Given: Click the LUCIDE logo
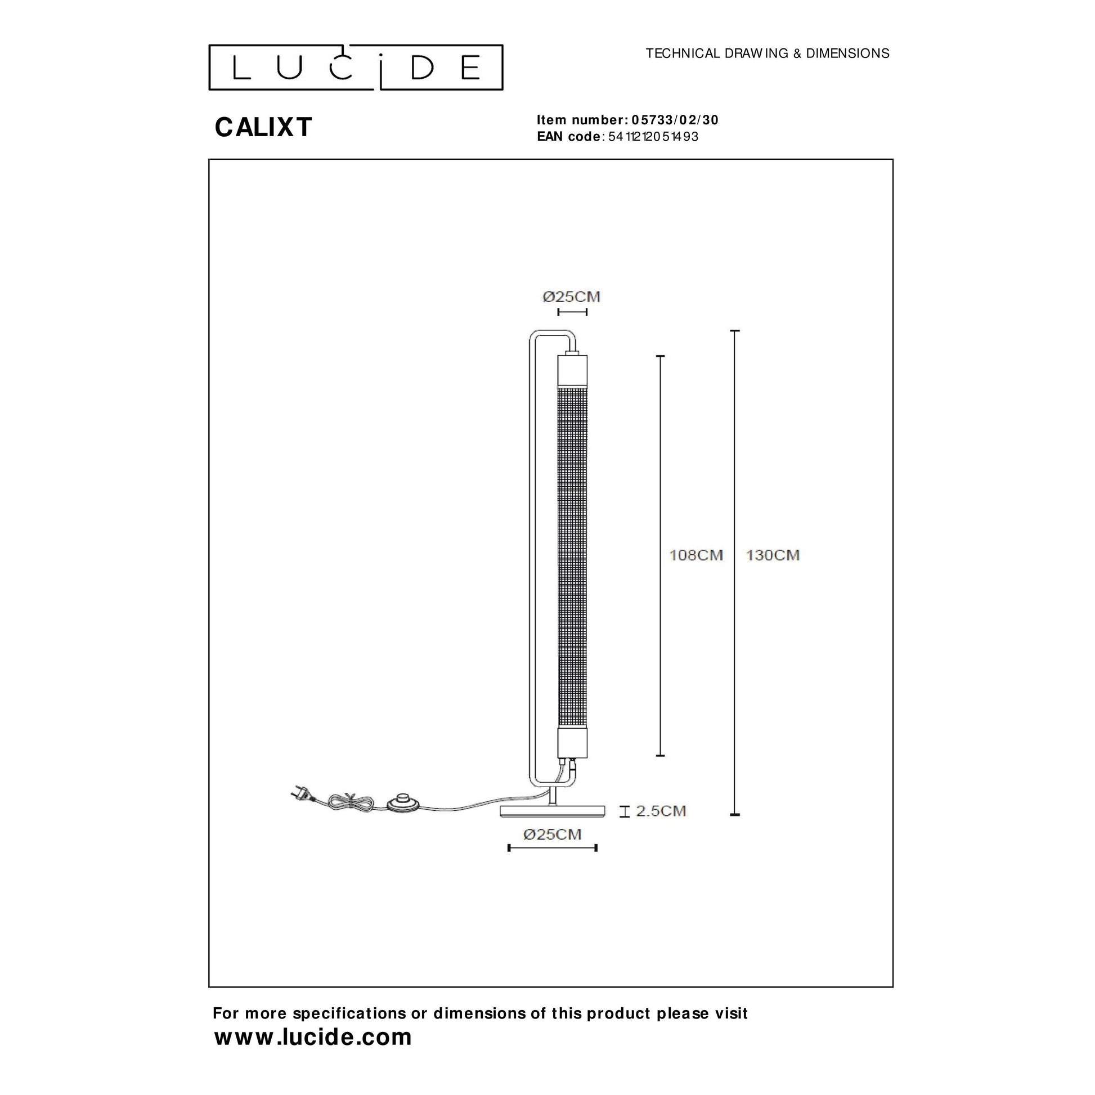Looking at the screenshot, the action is point(356,68).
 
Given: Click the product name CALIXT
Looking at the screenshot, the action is point(263,127).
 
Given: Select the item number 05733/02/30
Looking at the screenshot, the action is point(675,120).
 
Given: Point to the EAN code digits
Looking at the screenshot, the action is point(653,137).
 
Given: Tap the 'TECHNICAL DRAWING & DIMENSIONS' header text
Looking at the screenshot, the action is point(768,53).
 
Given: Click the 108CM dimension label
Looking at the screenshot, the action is point(696,555).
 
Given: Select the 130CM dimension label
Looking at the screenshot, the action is point(773,555).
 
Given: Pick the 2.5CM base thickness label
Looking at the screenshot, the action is point(661,811).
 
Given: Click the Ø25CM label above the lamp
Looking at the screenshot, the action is point(571,297).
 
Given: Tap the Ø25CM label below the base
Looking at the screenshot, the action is point(553,834).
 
